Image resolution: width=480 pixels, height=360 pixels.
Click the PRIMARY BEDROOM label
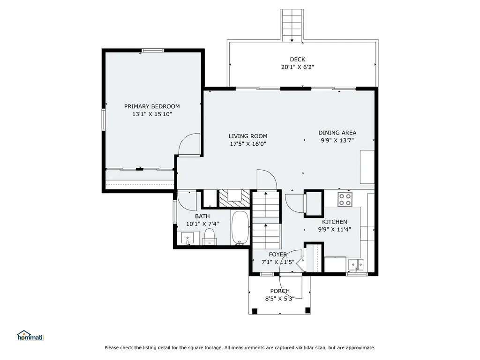pos(152,106)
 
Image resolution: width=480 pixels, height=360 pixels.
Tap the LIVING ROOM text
pos(248,136)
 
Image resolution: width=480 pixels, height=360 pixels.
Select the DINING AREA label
pos(337,133)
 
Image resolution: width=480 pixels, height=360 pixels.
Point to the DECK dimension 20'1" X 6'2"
pos(297,67)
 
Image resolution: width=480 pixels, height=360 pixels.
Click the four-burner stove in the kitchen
pos(345,199)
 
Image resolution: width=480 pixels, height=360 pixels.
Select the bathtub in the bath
pos(241,228)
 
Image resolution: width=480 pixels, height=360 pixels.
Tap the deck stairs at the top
pos(292,25)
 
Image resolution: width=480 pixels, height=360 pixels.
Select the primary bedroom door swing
pos(189,144)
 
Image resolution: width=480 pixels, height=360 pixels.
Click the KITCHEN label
pos(335,222)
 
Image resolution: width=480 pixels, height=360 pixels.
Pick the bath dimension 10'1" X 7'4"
pos(202,224)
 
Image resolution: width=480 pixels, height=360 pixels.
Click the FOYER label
pos(277,255)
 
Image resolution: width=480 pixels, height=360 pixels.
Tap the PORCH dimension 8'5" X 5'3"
pos(280,299)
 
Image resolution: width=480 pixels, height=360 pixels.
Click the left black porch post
pos(255,311)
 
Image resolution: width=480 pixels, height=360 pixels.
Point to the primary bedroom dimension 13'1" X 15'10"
pos(152,114)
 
